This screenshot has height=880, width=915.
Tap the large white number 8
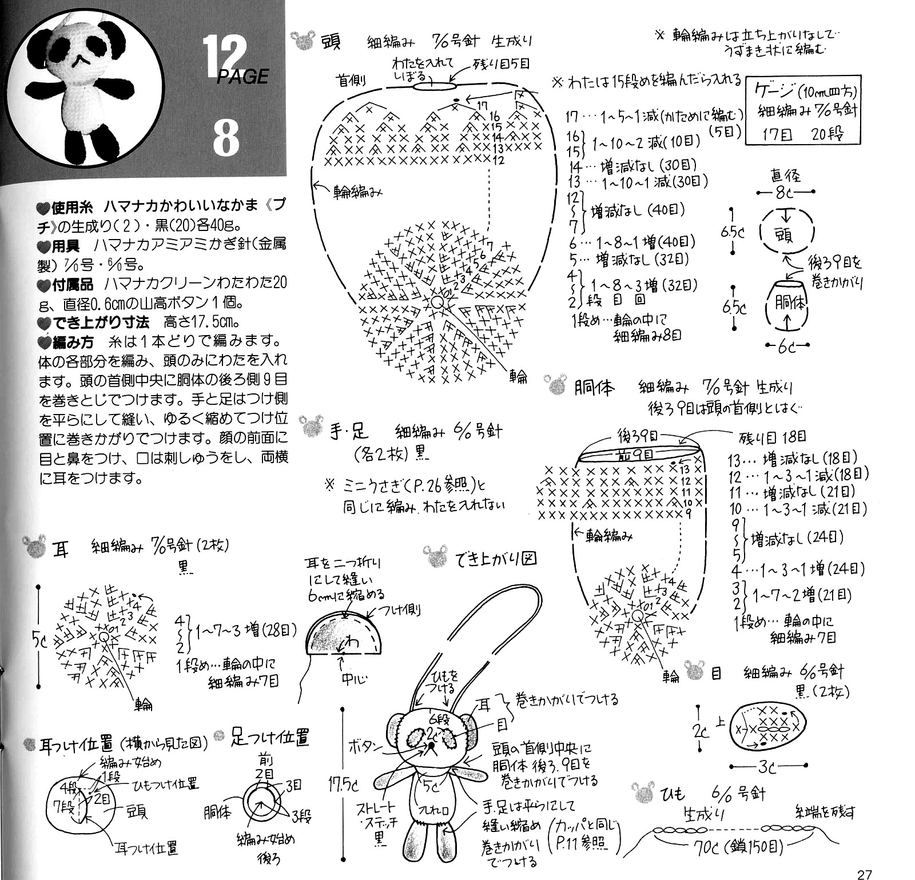226,137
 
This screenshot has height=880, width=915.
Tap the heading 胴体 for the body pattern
594,388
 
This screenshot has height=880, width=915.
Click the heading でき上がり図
496,558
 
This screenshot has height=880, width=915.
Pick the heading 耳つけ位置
76,744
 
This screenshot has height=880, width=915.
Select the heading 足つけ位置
270,738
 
